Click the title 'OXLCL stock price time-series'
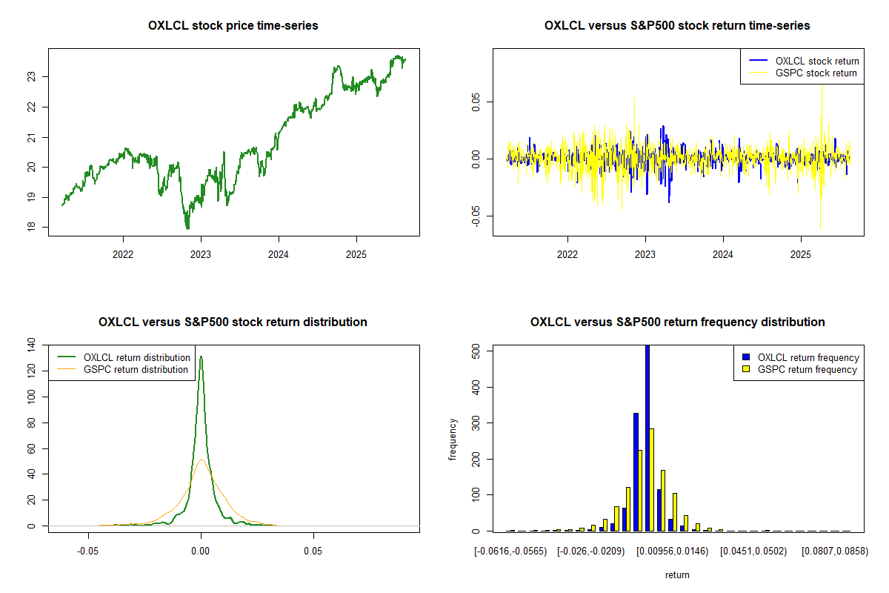[233, 26]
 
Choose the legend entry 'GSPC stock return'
[816, 73]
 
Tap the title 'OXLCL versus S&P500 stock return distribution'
[233, 322]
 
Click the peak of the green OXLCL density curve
[201, 357]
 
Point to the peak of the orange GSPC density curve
[202, 460]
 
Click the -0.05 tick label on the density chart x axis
[89, 551]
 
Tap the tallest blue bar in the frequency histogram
[647, 437]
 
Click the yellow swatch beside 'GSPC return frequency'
[748, 369]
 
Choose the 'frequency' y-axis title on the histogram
[453, 439]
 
